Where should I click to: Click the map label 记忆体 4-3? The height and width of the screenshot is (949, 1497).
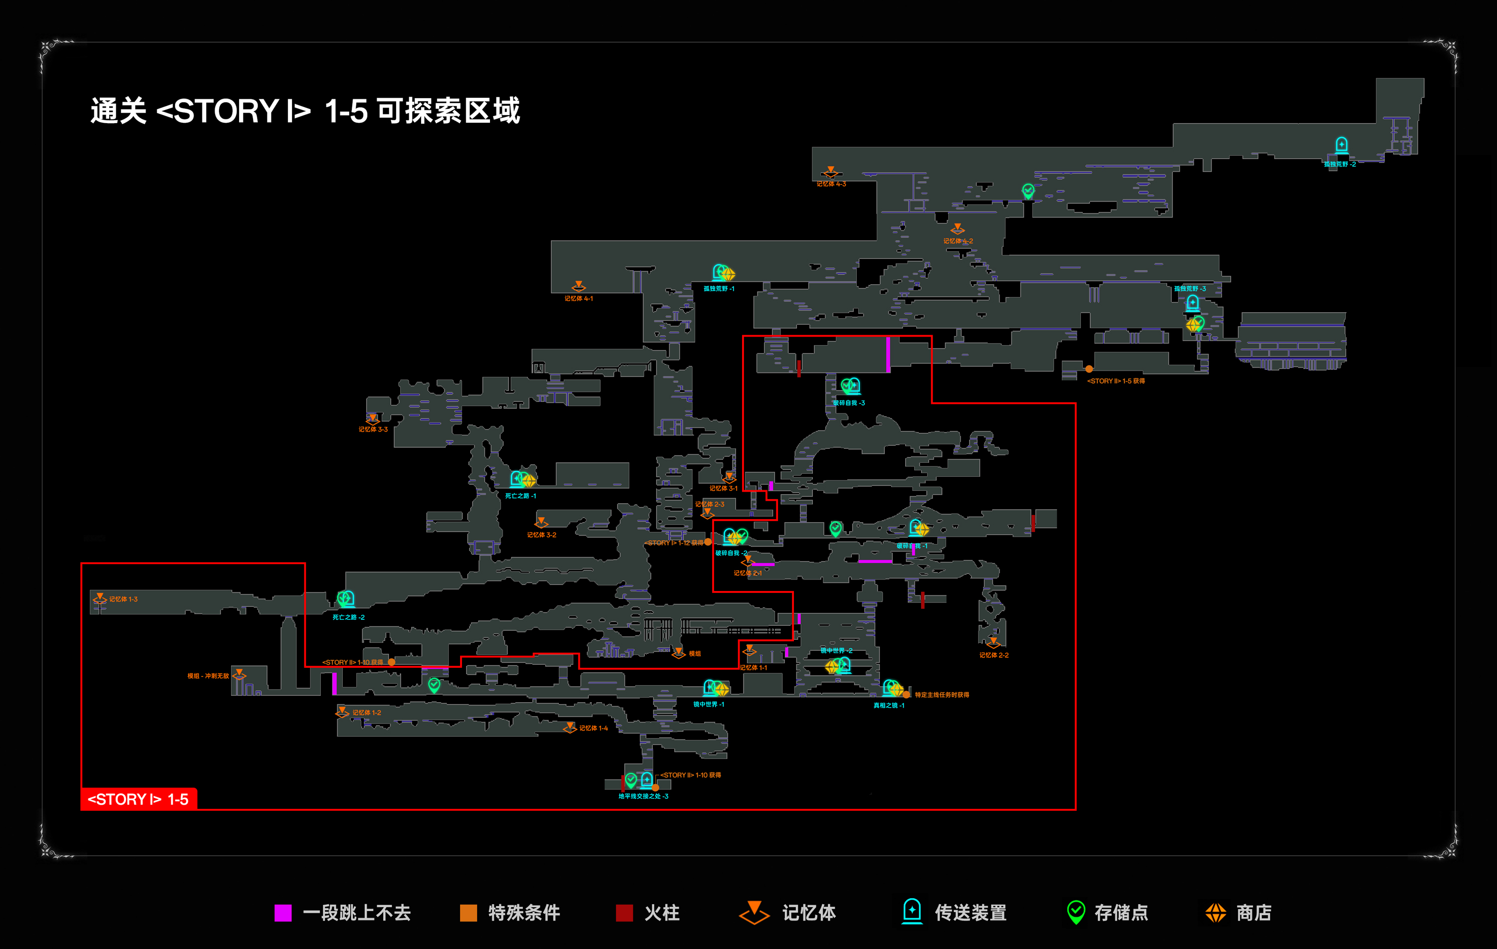831,184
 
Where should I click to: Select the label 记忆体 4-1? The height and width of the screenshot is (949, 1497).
578,299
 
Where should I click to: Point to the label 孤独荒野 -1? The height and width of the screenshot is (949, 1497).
719,289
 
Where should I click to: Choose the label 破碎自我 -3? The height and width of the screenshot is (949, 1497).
849,403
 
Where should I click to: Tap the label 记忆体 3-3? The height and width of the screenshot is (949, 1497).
373,429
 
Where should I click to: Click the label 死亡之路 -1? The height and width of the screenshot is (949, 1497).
520,496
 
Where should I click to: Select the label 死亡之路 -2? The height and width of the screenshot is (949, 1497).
348,617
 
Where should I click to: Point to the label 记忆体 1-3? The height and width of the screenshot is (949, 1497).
123,599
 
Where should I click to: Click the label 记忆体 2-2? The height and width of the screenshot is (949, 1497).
994,655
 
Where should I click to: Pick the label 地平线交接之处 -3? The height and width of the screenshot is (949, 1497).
643,796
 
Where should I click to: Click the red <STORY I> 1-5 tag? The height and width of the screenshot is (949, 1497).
139,799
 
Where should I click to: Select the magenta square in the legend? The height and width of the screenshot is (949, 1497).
283,913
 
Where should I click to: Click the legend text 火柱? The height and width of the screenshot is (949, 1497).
662,913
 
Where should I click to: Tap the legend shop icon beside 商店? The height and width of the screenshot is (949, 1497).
1216,913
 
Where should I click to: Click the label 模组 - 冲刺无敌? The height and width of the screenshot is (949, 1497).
208,676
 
